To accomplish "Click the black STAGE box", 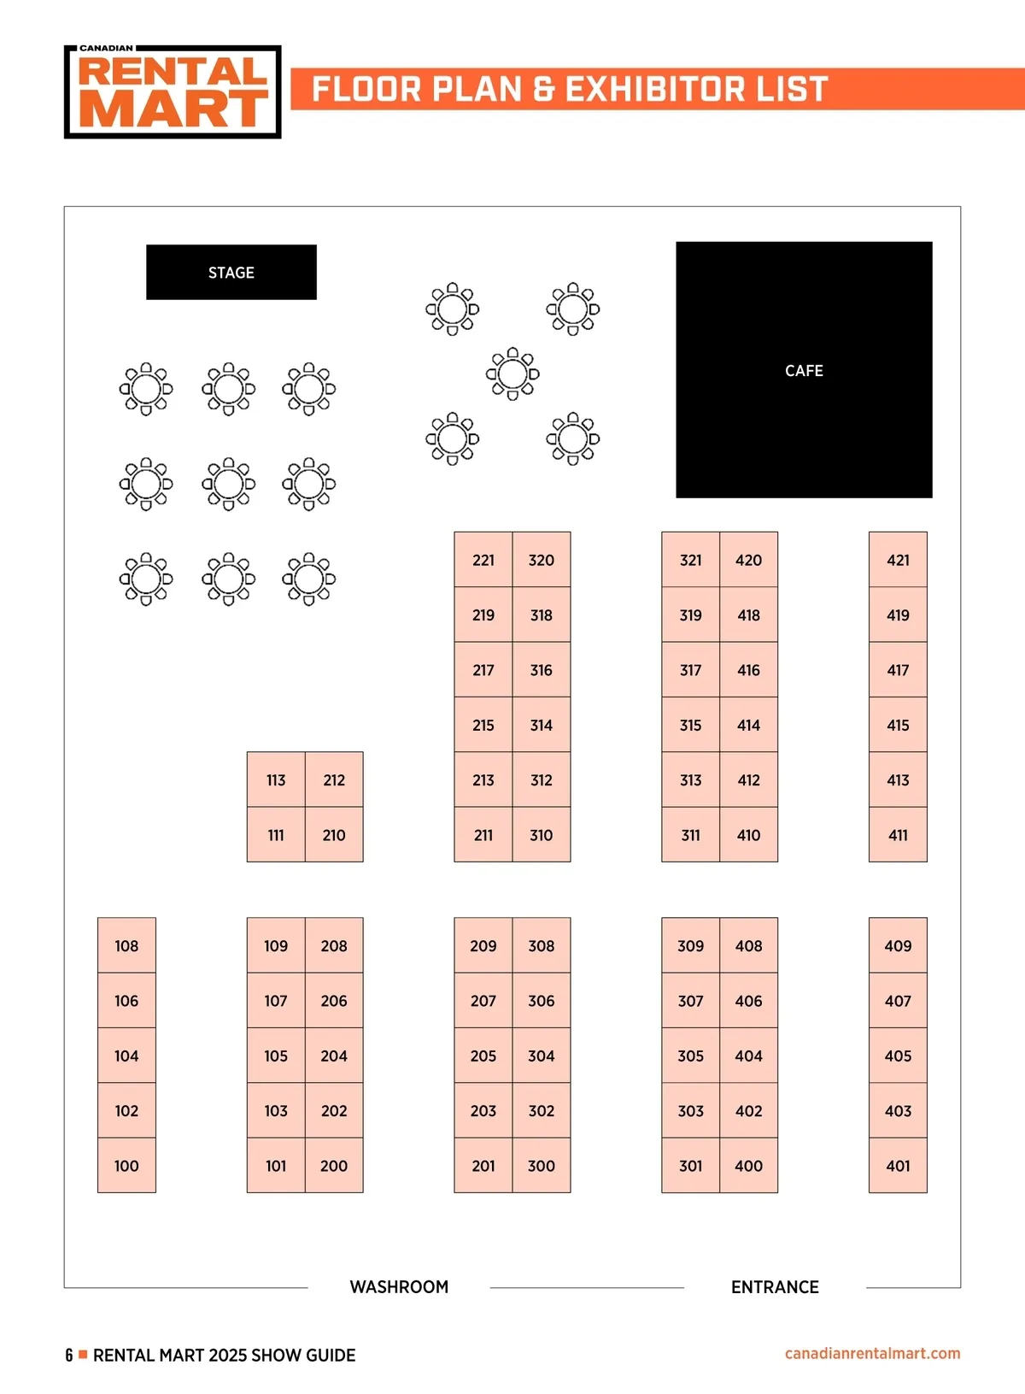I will [231, 273].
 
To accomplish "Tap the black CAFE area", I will [804, 370].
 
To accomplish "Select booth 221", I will [483, 560].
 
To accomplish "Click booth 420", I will [749, 560].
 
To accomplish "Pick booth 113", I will [276, 779].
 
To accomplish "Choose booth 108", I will [126, 945].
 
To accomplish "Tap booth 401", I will [898, 1165].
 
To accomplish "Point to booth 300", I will [542, 1165].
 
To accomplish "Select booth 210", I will [334, 835].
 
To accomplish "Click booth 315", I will [691, 725].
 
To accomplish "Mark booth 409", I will [898, 945].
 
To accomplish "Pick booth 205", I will [483, 1056].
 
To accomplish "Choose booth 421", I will [898, 560].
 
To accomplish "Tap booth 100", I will [126, 1165].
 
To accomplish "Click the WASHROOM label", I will [399, 1286].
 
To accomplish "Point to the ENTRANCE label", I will [775, 1286].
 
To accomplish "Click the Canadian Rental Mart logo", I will [173, 92].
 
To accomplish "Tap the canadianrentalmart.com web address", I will [872, 1353].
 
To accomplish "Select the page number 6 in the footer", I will [69, 1355].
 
